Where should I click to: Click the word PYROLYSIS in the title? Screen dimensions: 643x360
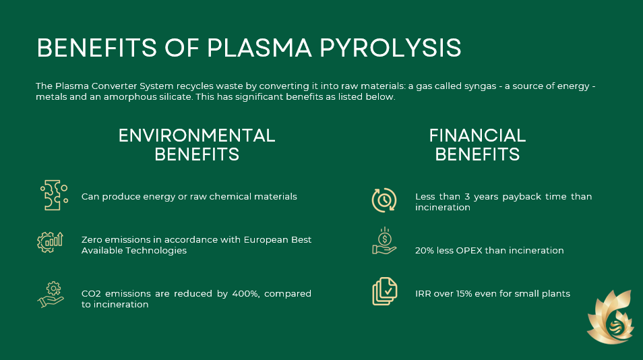coord(390,48)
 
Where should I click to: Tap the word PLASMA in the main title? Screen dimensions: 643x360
coord(259,48)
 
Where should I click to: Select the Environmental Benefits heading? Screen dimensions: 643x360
coord(197,145)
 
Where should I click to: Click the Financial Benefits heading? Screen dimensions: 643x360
coord(477,145)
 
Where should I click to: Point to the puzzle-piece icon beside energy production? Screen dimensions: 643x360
coord(54,196)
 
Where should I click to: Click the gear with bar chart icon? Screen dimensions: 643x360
coord(50,242)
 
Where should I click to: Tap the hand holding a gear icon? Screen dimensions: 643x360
coord(51,295)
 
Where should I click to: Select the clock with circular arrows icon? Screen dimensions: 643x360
coord(384,200)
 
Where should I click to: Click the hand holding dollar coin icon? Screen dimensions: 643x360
coord(384,241)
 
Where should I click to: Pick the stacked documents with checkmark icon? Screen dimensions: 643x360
coord(385,291)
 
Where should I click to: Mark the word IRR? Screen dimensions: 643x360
coord(423,293)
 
